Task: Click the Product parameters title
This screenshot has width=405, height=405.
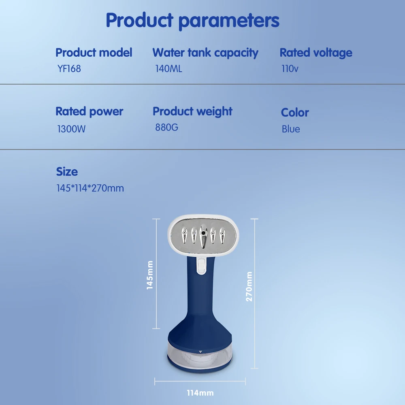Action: point(192,21)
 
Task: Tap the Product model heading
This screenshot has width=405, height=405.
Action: point(94,52)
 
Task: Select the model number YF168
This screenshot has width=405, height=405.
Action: point(69,69)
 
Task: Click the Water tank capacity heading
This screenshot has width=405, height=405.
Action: point(205,53)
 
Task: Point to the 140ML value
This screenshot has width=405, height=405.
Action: point(168,69)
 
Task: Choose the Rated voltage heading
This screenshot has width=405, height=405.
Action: point(316,53)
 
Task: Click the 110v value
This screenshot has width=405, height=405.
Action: point(290,69)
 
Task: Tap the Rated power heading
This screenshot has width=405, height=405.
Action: point(90,112)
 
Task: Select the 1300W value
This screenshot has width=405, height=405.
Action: point(71,129)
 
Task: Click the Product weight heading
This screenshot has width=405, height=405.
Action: point(192,112)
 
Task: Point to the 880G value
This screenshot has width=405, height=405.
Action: point(166,127)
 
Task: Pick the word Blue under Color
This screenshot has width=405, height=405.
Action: point(291,129)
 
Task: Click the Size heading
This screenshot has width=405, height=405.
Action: point(67,172)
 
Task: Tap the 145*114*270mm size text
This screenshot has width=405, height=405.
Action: point(90,188)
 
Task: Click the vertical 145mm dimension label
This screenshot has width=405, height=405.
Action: point(150,275)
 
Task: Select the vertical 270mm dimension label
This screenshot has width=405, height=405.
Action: point(249,286)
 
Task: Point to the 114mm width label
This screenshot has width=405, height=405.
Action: point(200,393)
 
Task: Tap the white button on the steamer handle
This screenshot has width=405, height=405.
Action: point(201,266)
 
